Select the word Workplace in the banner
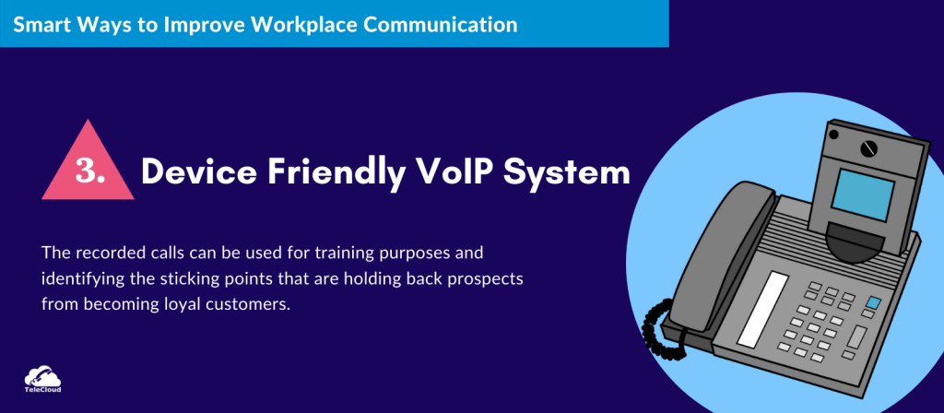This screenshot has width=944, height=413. [298, 23]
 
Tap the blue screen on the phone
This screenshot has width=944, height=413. [863, 194]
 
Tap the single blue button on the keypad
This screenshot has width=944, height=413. [872, 302]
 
